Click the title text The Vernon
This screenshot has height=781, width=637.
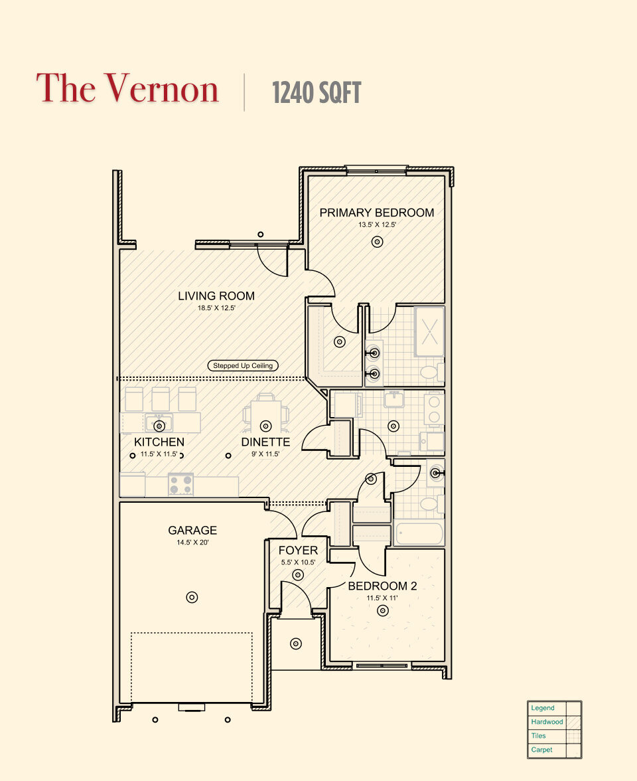127,89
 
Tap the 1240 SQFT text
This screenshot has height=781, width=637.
316,93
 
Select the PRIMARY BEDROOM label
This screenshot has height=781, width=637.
376,213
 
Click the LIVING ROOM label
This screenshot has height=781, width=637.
216,296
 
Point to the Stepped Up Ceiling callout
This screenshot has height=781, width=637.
243,365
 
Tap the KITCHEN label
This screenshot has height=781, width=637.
159,442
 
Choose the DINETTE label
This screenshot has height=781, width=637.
265,442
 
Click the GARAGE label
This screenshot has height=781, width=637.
192,530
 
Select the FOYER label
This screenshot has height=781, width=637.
298,551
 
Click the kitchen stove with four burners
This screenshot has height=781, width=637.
180,485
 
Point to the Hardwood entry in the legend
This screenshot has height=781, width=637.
547,722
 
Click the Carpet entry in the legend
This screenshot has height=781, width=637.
541,750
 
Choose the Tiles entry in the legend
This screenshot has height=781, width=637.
538,736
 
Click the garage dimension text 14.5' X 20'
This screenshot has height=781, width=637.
192,543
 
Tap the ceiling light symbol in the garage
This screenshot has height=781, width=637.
192,597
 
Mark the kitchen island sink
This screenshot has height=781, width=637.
159,422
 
